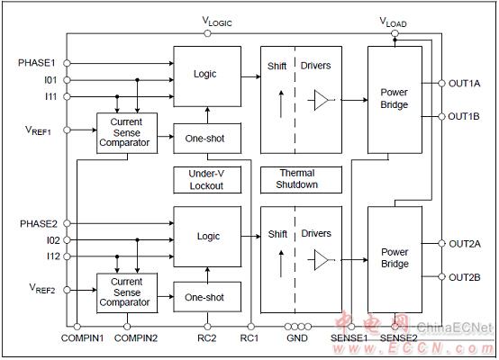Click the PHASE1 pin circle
coord(67,63)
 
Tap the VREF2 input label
coord(42,288)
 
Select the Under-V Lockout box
coord(207,180)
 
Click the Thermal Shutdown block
coord(301,180)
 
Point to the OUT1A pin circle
coord(441,84)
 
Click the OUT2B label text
coord(464,277)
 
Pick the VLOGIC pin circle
coord(207,33)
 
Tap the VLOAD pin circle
coord(395,33)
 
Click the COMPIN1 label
coord(83,338)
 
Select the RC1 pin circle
coord(251,327)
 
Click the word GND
coord(297,338)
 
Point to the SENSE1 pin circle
coord(351,327)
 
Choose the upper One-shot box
coord(207,139)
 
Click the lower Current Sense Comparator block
coord(127,292)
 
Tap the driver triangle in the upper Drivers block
coord(321,100)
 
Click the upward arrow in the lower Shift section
coord(281,264)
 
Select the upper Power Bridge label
coord(395,98)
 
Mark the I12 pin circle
coord(67,256)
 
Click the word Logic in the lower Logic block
coord(208,237)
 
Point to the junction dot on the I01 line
coord(138,80)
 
